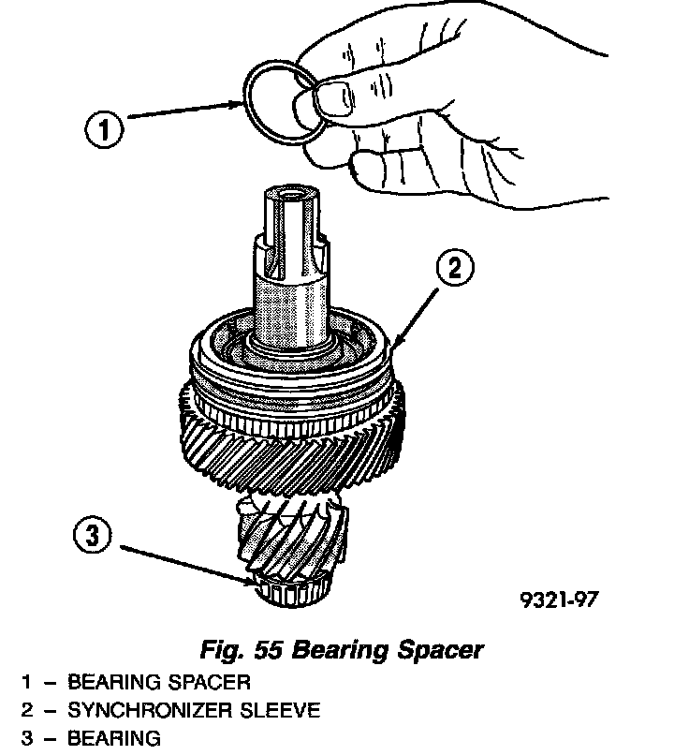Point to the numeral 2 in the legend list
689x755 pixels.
point(27,710)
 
